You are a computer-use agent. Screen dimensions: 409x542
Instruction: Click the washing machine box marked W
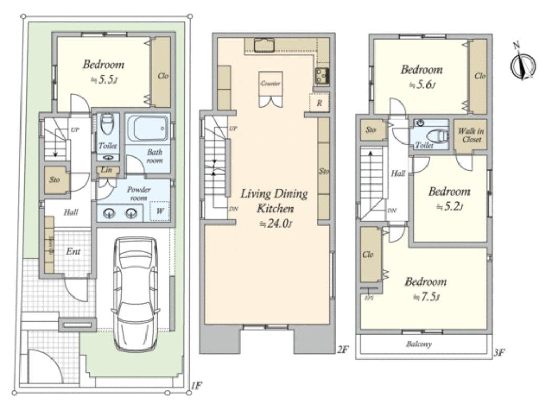pyautogui.click(x=159, y=211)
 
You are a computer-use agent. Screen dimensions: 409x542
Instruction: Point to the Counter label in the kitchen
pyautogui.click(x=270, y=84)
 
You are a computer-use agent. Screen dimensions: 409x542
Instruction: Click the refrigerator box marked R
pyautogui.click(x=319, y=103)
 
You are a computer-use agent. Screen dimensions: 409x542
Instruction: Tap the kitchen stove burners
pyautogui.click(x=321, y=76)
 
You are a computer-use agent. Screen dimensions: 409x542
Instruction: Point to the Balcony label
pyautogui.click(x=419, y=345)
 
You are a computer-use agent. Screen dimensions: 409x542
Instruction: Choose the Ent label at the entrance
pyautogui.click(x=73, y=252)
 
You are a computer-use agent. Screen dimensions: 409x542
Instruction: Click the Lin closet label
pyautogui.click(x=107, y=170)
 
